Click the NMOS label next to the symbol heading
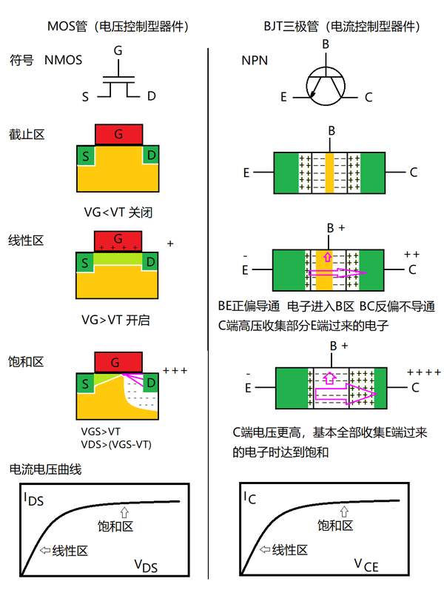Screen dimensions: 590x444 pyautogui.click(x=63, y=60)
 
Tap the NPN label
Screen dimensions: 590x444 pyautogui.click(x=255, y=60)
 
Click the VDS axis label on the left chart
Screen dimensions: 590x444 pyautogui.click(x=147, y=566)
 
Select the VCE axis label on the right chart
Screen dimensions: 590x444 pyautogui.click(x=366, y=566)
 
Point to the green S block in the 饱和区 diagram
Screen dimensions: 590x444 pyautogui.click(x=86, y=383)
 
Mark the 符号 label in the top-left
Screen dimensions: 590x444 pyautogui.click(x=21, y=60)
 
